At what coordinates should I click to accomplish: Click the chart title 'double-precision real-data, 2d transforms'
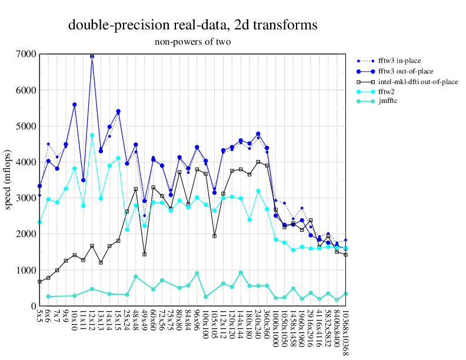[193, 25]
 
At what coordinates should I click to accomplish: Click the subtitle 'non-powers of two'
[192, 42]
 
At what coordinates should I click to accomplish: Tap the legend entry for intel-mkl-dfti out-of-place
[415, 82]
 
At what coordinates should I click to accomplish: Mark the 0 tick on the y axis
[33, 306]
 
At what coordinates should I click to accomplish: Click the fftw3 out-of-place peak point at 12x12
[92, 56]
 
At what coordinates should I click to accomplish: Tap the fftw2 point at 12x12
[92, 135]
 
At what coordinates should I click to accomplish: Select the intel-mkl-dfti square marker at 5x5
[39, 282]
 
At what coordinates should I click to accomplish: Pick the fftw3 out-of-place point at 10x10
[74, 105]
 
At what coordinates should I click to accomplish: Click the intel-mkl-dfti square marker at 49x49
[144, 254]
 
